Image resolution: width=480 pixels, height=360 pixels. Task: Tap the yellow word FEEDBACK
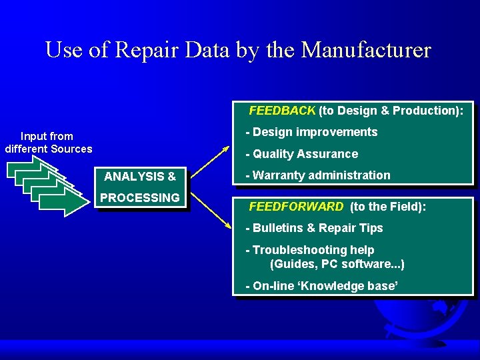[282, 111]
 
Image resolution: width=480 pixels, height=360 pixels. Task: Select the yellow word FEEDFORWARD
[296, 207]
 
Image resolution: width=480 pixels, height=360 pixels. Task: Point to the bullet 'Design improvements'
[311, 132]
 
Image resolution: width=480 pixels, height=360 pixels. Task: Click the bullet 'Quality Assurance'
[301, 154]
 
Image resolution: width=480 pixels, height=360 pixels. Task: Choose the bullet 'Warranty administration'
[318, 175]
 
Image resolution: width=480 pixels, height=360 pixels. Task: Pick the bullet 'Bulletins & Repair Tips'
[314, 228]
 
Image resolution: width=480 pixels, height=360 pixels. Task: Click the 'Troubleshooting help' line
[310, 250]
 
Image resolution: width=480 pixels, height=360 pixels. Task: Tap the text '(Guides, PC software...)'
[337, 264]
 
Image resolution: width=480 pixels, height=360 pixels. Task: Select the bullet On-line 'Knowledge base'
[322, 286]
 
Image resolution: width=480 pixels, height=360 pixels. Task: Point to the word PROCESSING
[140, 198]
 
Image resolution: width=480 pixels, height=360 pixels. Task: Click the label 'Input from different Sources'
[48, 143]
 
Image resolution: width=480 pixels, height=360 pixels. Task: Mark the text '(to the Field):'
[387, 207]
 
